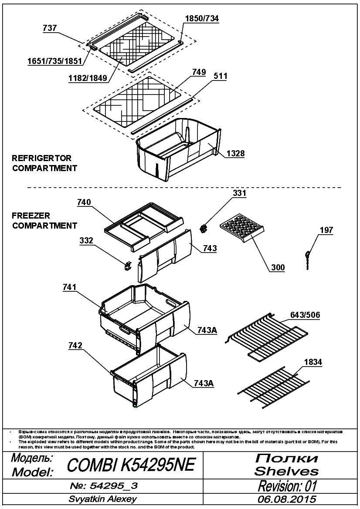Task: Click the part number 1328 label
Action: (235, 153)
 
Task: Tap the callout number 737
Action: (50, 28)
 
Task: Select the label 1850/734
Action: (202, 18)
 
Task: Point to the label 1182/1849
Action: (88, 78)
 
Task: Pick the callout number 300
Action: (278, 267)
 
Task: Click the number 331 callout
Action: (239, 193)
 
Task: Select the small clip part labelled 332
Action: (128, 265)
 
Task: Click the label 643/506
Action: (305, 315)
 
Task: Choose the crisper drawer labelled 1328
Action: (178, 149)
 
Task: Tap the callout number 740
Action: (84, 202)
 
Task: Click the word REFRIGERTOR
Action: (41, 158)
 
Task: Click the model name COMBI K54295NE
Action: (131, 465)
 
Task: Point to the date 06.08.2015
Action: (287, 499)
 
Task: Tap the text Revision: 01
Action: (287, 486)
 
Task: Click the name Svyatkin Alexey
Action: (103, 499)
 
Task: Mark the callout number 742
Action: (75, 346)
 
